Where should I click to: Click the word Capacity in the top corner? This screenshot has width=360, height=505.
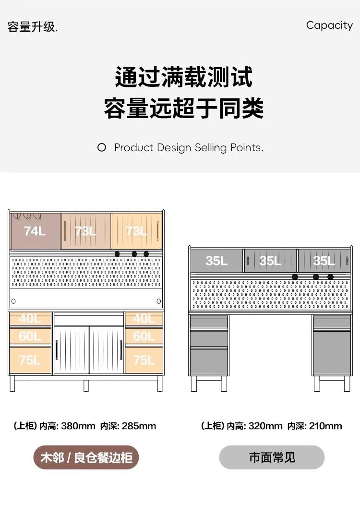(x=329, y=25)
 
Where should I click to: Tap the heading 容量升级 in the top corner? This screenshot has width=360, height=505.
(x=32, y=27)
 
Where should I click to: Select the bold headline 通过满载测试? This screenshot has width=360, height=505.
(x=184, y=77)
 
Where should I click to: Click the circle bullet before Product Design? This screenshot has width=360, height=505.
(x=102, y=148)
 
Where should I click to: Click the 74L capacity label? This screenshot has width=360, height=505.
(x=35, y=231)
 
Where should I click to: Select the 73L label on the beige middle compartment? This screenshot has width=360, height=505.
(x=85, y=231)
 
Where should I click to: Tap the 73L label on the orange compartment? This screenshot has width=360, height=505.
(x=136, y=231)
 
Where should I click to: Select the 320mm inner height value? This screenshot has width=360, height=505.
(x=265, y=426)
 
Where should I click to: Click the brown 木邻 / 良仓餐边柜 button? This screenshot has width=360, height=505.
(x=86, y=457)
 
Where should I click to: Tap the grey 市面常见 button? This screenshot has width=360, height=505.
(x=272, y=457)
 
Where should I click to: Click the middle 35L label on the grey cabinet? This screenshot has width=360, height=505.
(x=270, y=261)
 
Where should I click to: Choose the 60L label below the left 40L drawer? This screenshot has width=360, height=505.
(x=30, y=337)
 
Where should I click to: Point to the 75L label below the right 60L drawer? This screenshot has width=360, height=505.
(x=144, y=360)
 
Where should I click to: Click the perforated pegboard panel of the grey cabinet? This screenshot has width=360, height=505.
(x=270, y=294)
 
